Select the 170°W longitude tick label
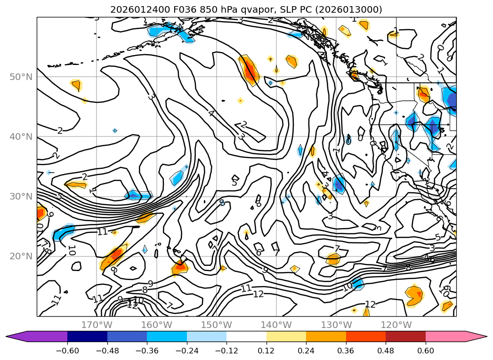(x=97, y=325)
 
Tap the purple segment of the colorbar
(x=42, y=336)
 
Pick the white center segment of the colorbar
(x=246, y=336)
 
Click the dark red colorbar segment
(x=405, y=336)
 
